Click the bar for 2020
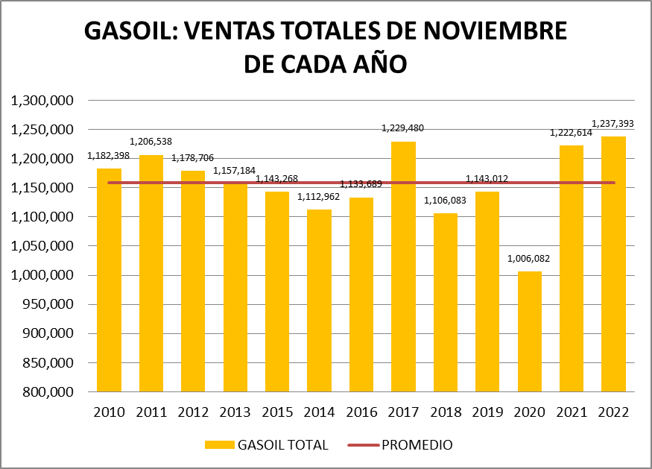pos(530,332)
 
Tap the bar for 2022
pos(613,264)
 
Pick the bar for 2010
pos(110,280)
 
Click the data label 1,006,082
pos(529,259)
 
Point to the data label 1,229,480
pos(403,128)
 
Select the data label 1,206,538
pos(151,141)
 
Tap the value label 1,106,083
pos(446,201)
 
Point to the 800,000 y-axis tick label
pos(48,392)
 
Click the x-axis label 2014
pos(320,412)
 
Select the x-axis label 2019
pos(487,412)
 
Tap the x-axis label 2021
pos(572,412)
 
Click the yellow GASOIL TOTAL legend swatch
pos(219,445)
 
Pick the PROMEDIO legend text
pos(417,445)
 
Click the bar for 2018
pos(446,303)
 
